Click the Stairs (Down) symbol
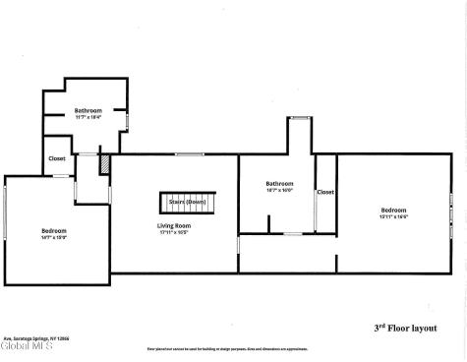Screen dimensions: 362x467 (187, 202)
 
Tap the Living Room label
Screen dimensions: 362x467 (174, 225)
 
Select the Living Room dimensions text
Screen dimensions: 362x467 (174, 232)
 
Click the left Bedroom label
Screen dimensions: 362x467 (53, 230)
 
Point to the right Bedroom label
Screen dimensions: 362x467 (393, 210)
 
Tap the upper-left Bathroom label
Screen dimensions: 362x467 (88, 111)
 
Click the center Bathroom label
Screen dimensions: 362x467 (279, 184)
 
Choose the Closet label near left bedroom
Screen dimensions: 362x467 (58, 158)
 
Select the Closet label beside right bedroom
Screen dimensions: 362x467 (324, 192)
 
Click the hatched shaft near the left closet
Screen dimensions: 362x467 (104, 165)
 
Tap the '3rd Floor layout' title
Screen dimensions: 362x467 (405, 328)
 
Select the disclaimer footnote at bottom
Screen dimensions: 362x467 (233, 348)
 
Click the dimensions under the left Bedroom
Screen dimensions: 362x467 (53, 237)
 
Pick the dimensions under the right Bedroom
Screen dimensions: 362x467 (393, 216)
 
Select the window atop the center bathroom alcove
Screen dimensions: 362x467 (299, 118)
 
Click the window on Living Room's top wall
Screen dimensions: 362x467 (189, 153)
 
